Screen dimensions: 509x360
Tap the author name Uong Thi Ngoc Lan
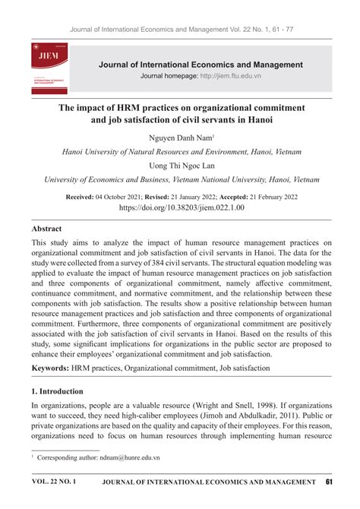(180, 166)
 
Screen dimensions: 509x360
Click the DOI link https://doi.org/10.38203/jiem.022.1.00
(180, 207)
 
